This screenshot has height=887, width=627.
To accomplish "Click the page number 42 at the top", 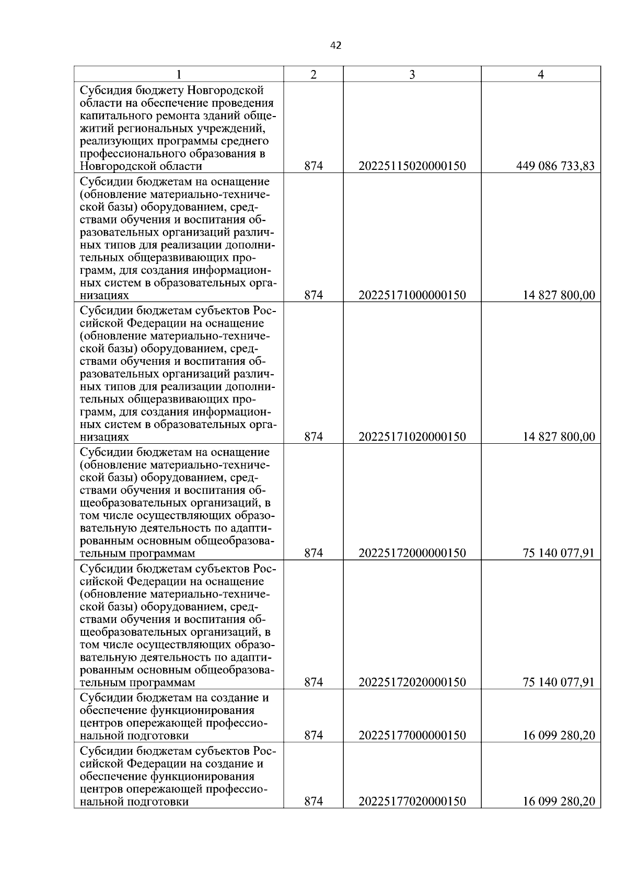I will pyautogui.click(x=335, y=46).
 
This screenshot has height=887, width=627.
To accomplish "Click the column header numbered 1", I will pyautogui.click(x=179, y=75).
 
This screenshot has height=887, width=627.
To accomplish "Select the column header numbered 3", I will pyautogui.click(x=412, y=75).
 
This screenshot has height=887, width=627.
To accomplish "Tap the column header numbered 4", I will pyautogui.click(x=541, y=75).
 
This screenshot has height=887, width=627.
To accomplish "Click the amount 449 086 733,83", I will pyautogui.click(x=555, y=166).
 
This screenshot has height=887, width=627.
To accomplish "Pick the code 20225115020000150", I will pyautogui.click(x=412, y=166).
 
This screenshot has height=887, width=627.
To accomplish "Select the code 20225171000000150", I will pyautogui.click(x=412, y=295).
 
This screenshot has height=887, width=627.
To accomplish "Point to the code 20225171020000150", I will pyautogui.click(x=412, y=437).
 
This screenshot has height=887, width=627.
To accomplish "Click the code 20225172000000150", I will pyautogui.click(x=412, y=553).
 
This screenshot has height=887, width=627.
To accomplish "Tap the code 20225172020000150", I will pyautogui.click(x=412, y=682).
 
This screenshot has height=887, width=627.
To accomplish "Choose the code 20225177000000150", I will pyautogui.click(x=412, y=735).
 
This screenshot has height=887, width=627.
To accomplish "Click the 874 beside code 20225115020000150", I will pyautogui.click(x=313, y=166).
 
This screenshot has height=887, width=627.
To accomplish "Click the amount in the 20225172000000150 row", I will pyautogui.click(x=559, y=553).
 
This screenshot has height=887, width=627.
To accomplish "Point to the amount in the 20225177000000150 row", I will pyautogui.click(x=559, y=735).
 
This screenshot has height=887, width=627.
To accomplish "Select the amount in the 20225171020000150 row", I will pyautogui.click(x=559, y=437).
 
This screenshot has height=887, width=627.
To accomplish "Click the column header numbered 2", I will pyautogui.click(x=313, y=75).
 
